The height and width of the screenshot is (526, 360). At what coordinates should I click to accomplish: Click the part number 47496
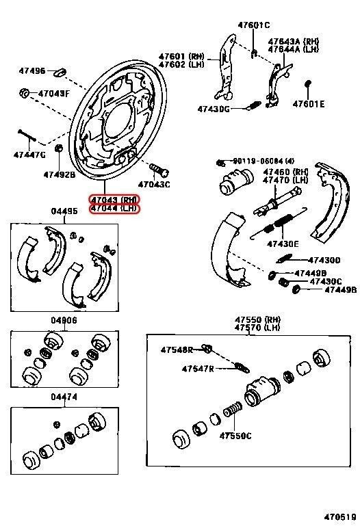32,70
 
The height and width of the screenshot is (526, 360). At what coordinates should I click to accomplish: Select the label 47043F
53,93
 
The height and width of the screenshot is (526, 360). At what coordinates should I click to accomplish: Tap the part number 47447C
29,155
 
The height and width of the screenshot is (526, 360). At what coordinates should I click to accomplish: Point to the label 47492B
60,174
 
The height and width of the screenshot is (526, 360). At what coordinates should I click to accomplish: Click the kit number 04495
64,212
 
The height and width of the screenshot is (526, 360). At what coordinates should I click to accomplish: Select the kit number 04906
64,320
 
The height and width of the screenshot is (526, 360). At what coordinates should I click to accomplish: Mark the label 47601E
309,105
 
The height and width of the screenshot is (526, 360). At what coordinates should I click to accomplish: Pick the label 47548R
177,350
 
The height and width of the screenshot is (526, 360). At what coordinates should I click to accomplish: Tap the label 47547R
198,369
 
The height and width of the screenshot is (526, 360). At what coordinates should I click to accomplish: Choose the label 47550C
235,436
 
